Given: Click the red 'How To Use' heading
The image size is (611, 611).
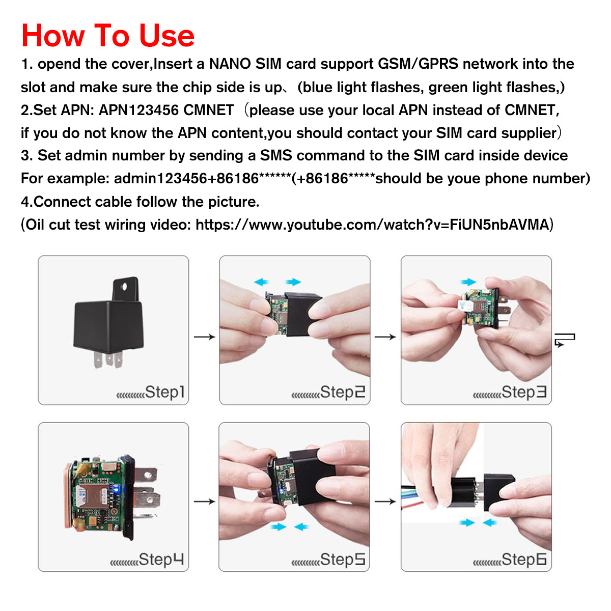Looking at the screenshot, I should click(108, 36).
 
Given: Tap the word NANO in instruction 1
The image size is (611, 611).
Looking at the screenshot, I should click(230, 64).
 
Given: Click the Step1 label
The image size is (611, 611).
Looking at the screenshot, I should click(164, 392).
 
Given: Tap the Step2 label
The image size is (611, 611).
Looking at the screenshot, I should click(342, 392).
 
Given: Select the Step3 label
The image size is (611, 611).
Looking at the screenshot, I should click(524, 392).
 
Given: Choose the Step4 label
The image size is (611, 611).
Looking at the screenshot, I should click(161, 560).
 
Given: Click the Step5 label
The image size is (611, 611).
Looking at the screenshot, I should click(342, 560).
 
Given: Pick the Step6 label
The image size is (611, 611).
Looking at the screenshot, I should click(524, 560).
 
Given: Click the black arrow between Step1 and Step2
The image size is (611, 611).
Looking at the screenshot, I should click(205, 337).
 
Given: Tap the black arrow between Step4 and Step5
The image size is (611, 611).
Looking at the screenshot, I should click(205, 502).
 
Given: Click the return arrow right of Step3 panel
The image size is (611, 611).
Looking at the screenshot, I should click(565, 340).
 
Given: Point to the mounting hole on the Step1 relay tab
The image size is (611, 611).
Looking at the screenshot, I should click(124, 287).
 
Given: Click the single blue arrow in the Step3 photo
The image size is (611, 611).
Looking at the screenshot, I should click(468, 282).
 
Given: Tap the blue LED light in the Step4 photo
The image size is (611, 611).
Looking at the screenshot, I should click(117, 490).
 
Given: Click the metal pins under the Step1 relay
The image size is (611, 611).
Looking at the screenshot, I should click(108, 360).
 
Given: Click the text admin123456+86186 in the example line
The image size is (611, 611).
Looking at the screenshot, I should click(186, 179).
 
